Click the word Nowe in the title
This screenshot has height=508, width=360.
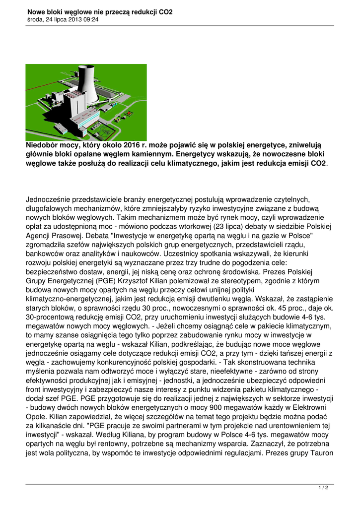pyautogui.click(x=36, y=12)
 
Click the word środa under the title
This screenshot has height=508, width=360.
pyautogui.click(x=35, y=20)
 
